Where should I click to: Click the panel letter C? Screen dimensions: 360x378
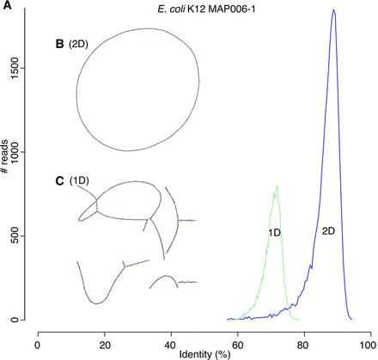click(59, 180)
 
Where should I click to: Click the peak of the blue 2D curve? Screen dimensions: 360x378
click(333, 11)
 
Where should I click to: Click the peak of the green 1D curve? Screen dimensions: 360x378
click(277, 186)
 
